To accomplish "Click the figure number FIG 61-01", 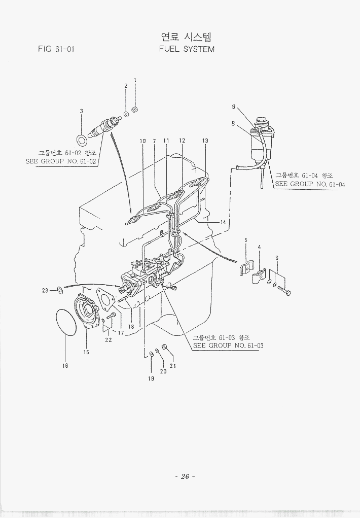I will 56,50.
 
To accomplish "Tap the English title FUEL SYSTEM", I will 187,49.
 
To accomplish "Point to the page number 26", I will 185,476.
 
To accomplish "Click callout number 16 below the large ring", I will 65,365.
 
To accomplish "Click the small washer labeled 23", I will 59,290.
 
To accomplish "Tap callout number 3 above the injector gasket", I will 81,111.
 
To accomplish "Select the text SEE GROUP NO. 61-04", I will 310,184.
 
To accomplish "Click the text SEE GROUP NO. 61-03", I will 228,346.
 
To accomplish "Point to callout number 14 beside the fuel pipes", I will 223,222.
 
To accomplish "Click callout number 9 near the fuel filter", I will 234,107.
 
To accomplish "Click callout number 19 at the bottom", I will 151,378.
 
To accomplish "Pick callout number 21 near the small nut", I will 173,366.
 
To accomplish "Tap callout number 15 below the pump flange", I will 86,352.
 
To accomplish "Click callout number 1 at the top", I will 135,80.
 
